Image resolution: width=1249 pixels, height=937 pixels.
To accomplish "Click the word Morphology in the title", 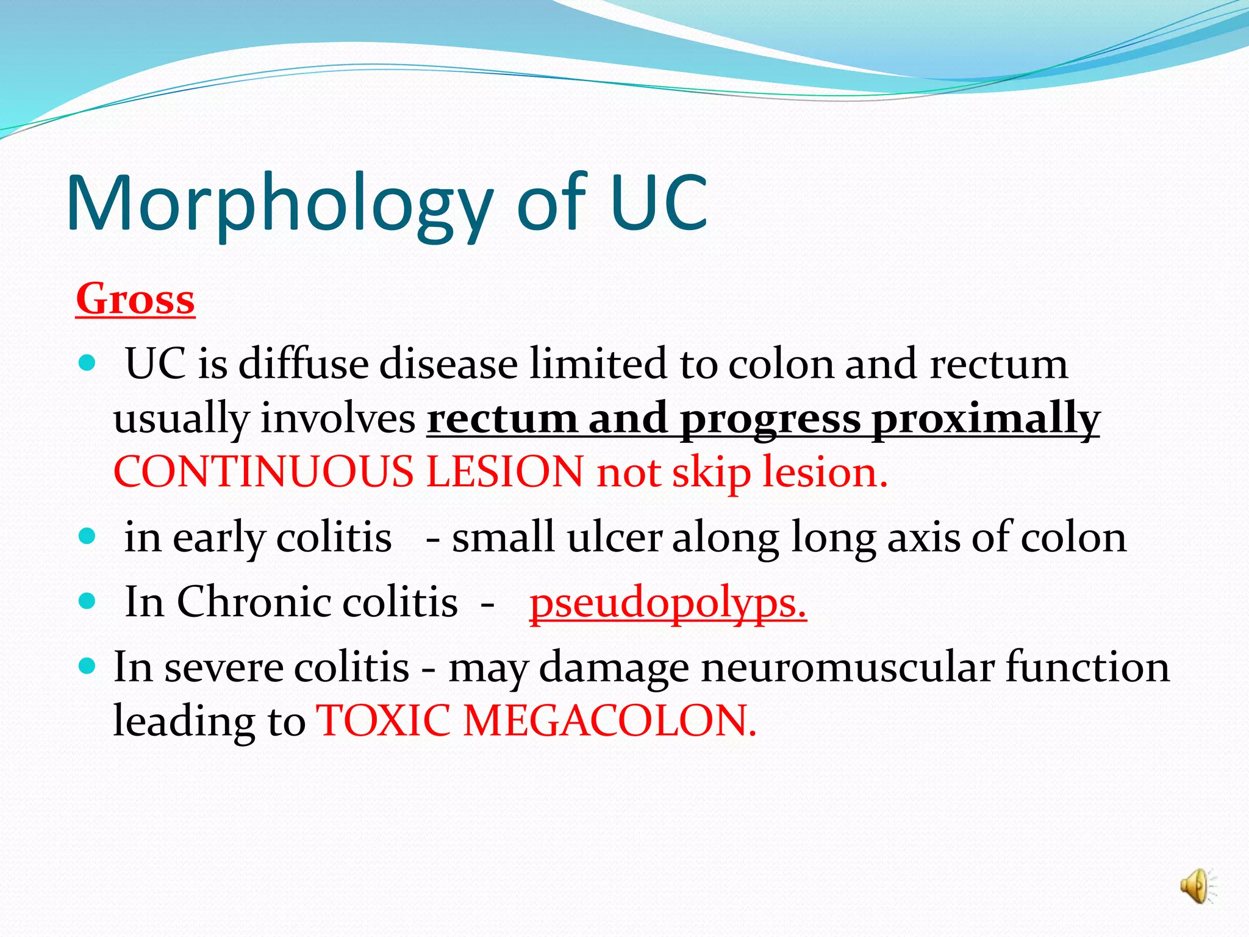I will click(279, 204).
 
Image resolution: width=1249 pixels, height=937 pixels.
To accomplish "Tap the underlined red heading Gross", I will click(135, 300).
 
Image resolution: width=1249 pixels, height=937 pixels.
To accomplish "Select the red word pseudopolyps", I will click(668, 603).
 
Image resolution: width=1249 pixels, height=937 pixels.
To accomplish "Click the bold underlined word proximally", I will click(985, 420).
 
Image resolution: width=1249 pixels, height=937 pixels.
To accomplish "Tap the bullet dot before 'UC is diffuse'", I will click(88, 364).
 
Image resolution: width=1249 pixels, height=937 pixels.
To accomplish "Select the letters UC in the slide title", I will click(659, 204).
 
